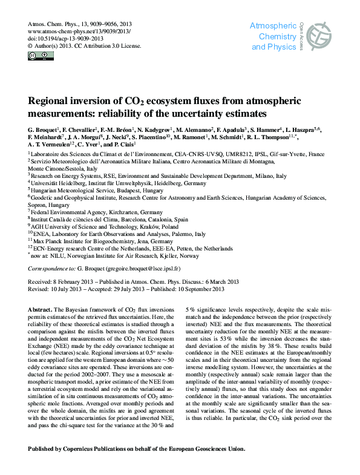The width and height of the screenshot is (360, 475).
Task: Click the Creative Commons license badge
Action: pyautogui.click(x=37, y=56)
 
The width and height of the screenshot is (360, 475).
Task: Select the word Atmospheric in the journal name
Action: pyautogui.click(x=273, y=27)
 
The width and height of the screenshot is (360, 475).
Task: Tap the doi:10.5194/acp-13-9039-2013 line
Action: pyautogui.click(x=65, y=37)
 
